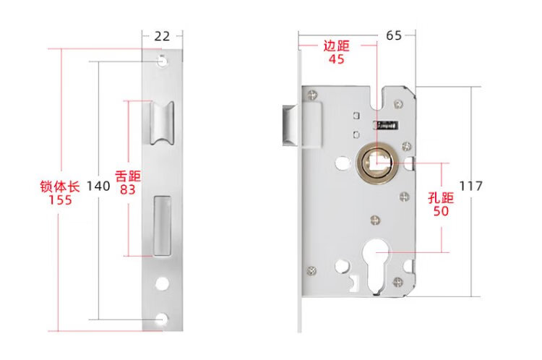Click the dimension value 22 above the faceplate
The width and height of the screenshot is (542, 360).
[x=162, y=34]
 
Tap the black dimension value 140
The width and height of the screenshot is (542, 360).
[x=98, y=186]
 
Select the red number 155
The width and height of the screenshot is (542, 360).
[x=56, y=200]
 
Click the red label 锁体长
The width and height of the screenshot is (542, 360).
[x=56, y=186]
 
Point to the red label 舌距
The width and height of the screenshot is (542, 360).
[x=127, y=176]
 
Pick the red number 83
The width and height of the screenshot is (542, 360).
[x=127, y=189]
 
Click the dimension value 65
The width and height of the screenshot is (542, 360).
[x=395, y=34]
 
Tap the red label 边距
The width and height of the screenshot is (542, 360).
[x=336, y=46]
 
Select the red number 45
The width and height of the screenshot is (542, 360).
[x=336, y=59]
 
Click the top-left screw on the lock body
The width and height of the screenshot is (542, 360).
[x=311, y=93]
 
